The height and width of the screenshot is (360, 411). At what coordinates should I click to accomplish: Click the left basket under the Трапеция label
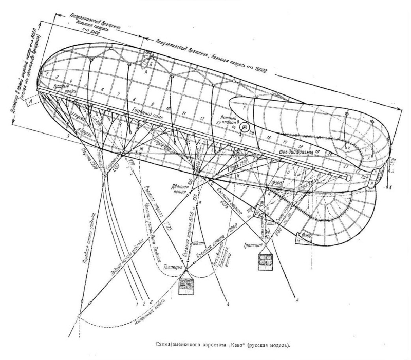pos(188,287)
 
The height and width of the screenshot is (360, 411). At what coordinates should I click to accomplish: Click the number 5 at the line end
pos(296,297)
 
